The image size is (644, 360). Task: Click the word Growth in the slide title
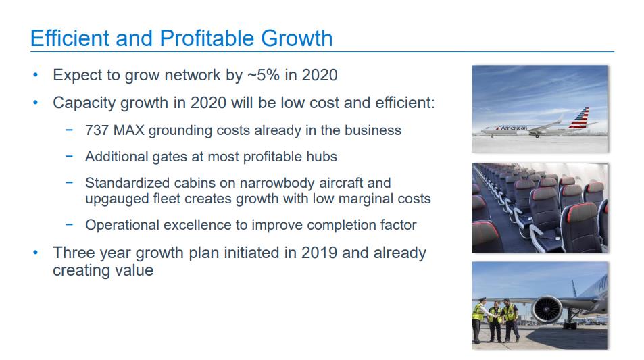pos(297,38)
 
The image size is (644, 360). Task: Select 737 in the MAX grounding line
pos(97,130)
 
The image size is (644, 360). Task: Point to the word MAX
pos(129,130)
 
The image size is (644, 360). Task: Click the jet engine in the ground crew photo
pos(547,309)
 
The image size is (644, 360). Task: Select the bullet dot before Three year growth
pos(36,253)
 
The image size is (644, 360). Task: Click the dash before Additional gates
pos(69,157)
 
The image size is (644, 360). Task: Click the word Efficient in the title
pos(70,38)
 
